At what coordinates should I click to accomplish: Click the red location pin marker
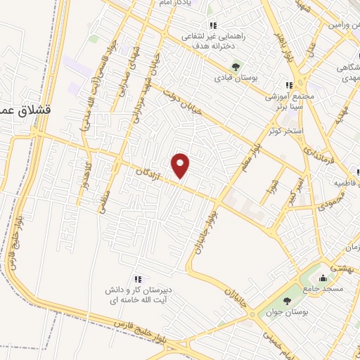point(181,166)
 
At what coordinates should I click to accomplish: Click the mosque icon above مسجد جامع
point(323,276)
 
